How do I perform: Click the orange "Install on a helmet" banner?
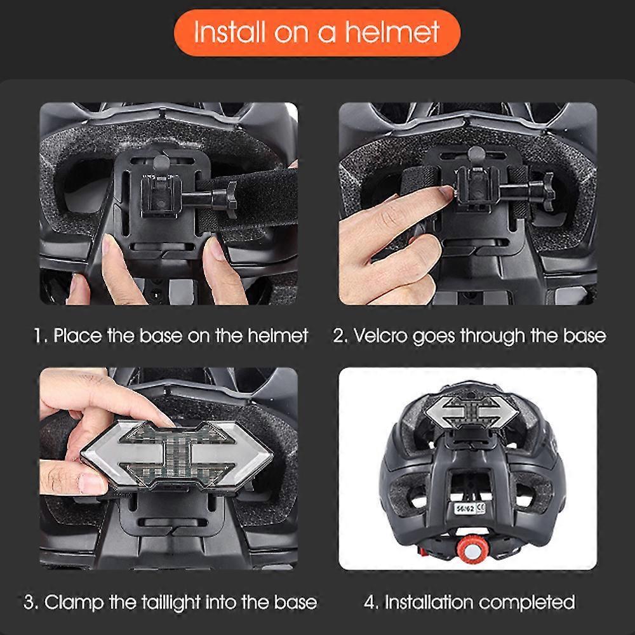317,32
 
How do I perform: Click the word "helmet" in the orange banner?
392,32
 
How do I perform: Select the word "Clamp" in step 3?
74,602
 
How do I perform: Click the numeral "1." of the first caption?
41,336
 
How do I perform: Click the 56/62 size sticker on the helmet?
469,508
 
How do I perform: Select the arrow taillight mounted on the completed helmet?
472,412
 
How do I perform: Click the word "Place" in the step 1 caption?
77,336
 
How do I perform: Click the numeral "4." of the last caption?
371,603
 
